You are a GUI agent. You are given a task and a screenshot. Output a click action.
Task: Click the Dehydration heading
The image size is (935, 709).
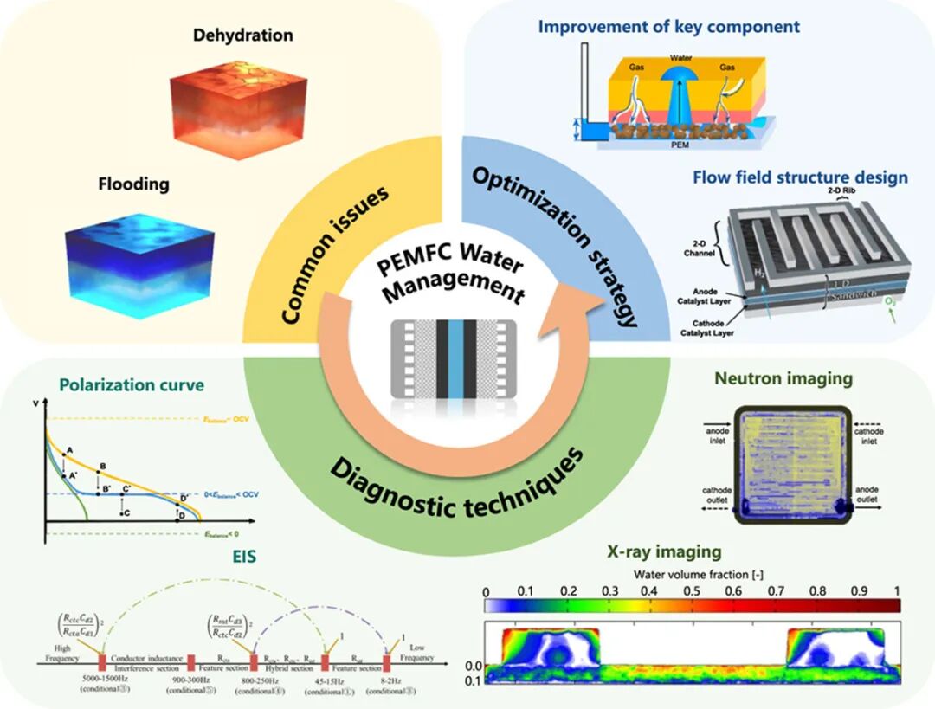coord(242,35)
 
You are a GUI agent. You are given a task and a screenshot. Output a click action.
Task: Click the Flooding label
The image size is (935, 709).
coord(133,184)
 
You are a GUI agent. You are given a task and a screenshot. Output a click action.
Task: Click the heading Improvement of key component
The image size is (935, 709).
coord(668,26)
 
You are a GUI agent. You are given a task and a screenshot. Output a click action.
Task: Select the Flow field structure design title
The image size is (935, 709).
coord(800,177)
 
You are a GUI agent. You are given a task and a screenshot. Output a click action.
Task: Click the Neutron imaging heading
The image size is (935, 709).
coord(783,378)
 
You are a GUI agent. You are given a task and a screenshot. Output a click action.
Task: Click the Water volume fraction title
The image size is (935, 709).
coord(693,573)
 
